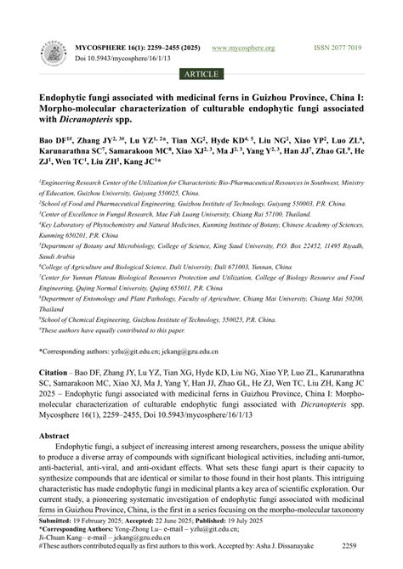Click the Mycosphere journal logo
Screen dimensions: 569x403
54,57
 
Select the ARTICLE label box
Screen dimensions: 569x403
201,74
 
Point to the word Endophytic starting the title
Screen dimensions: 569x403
69,97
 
